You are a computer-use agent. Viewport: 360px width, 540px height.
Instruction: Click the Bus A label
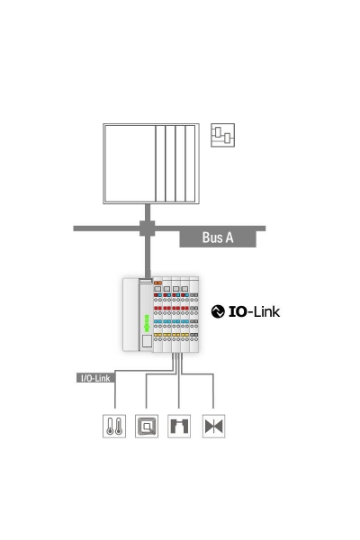point(218,238)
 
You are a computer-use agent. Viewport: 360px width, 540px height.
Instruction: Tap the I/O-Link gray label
point(94,379)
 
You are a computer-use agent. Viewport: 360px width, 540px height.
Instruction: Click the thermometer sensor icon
point(113,426)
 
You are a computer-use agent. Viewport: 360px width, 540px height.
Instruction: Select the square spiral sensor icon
point(146,426)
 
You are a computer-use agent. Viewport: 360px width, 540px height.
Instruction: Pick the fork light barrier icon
point(180,426)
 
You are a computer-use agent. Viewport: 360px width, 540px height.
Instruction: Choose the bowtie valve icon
point(213,426)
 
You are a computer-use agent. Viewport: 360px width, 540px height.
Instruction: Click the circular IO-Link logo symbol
point(218,311)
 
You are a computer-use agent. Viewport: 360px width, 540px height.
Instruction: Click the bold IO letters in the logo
point(238,311)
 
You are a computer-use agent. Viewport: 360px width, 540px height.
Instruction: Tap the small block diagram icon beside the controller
point(221,136)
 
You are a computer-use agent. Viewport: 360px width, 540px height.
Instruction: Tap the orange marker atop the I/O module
point(158,283)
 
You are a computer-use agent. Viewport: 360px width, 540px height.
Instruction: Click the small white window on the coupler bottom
point(146,341)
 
